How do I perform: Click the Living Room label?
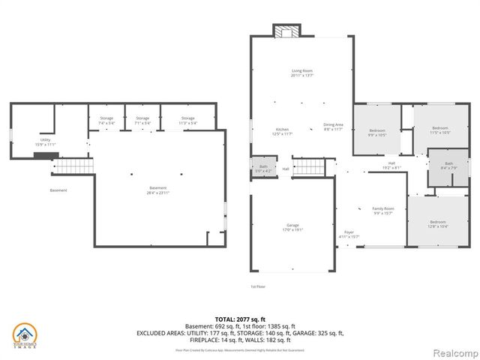302,73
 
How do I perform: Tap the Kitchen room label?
282,131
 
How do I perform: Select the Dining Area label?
333,126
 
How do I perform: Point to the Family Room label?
383,210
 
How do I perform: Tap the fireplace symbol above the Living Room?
285,31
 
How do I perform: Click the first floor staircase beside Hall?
310,166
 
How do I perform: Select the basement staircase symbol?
74,165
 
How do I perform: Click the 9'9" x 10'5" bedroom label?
376,133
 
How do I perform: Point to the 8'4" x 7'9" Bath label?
448,166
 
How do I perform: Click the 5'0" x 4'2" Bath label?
263,168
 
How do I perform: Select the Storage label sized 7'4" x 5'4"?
106,120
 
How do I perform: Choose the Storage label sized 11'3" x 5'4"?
187,120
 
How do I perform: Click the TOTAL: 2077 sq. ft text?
240,319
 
